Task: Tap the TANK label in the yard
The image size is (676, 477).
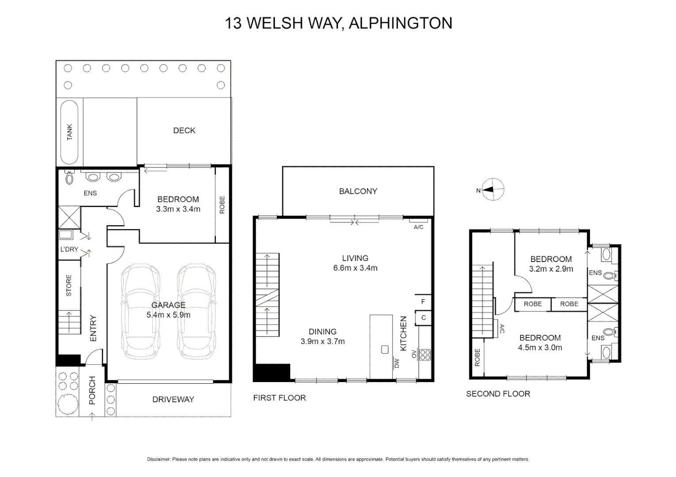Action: point(69,132)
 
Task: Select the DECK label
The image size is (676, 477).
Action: point(184,130)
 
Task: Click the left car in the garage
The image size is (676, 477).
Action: point(140,311)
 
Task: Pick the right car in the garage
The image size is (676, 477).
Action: point(196,311)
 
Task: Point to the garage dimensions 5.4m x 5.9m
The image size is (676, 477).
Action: point(168,315)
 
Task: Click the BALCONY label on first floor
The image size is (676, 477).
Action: point(358,191)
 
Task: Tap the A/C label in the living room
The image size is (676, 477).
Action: point(418,227)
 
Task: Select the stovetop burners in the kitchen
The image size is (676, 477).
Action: point(425,355)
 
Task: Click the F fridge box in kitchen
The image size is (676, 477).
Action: point(423,302)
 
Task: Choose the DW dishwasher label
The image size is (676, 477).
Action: point(396,363)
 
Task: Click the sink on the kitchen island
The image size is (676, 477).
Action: point(384,350)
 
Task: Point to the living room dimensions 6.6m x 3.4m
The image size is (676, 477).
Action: point(355,268)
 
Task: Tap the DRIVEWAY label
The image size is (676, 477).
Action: point(173,399)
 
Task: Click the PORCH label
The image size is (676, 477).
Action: point(92,390)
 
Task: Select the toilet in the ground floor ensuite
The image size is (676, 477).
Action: point(69,178)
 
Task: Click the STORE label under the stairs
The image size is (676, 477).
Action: point(69,285)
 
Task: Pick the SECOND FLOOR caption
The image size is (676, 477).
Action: point(498,394)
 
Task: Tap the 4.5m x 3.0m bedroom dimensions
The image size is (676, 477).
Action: point(540,348)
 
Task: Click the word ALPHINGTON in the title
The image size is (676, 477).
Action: point(400,23)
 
